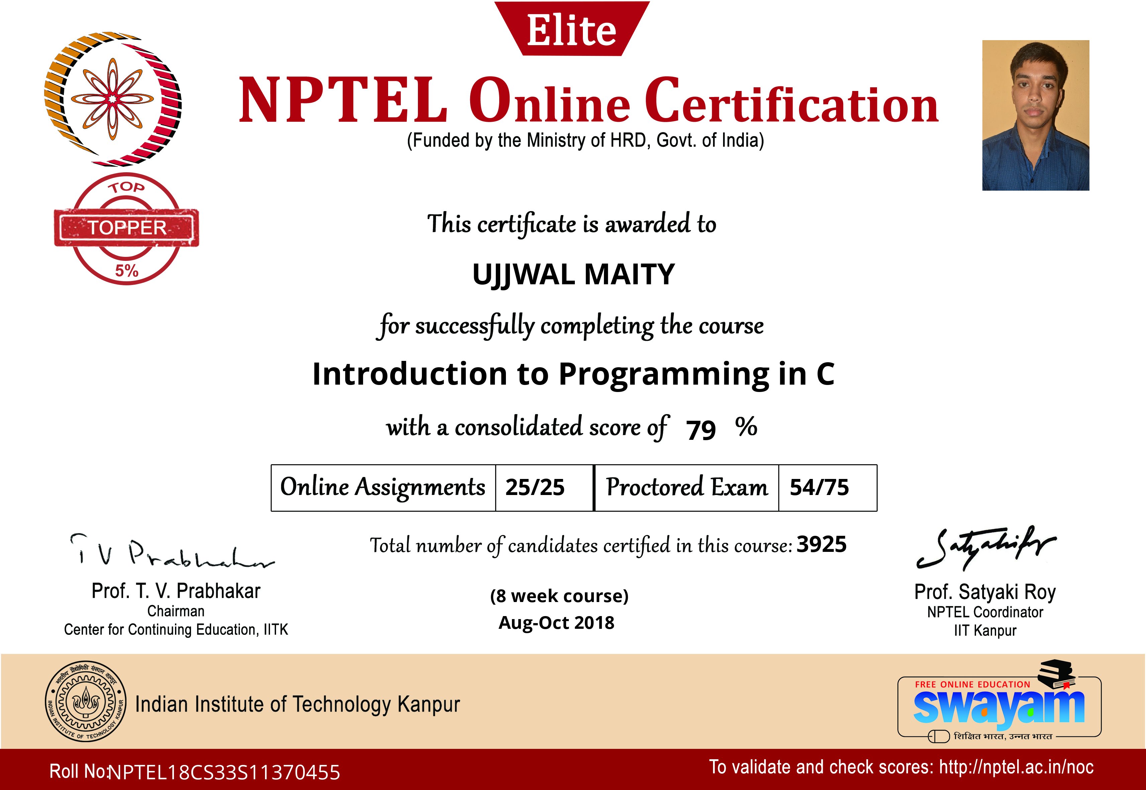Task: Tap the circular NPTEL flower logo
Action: click(x=113, y=99)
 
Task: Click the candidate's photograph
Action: click(x=1036, y=115)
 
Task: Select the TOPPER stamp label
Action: click(x=127, y=228)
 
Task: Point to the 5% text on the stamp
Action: click(x=127, y=271)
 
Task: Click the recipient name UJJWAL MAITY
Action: click(x=574, y=275)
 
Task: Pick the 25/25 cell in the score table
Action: click(x=544, y=488)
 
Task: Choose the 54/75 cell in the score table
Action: click(x=827, y=488)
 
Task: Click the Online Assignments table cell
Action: click(x=383, y=488)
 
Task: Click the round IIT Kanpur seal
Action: click(x=85, y=701)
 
